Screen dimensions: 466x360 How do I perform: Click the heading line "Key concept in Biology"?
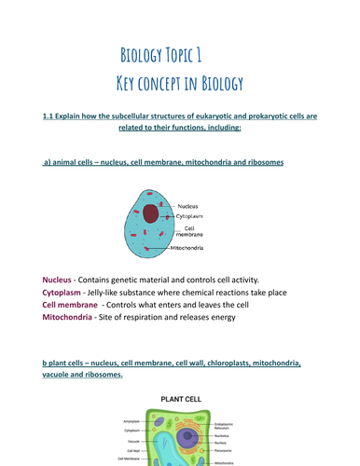179,83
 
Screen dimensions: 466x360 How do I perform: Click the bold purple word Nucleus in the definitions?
62,280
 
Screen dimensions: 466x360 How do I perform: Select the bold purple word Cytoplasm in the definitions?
67,292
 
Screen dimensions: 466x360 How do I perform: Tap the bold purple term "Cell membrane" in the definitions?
71,305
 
